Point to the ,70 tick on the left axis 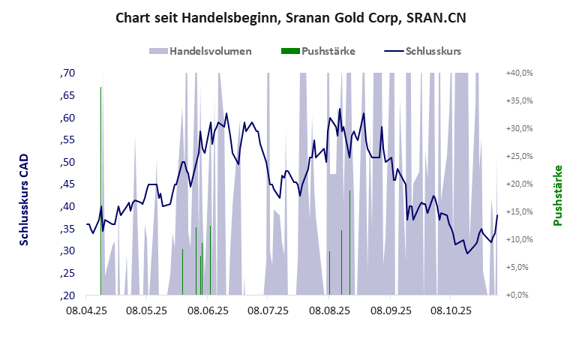tap(67, 73)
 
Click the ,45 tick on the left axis tap(67, 184)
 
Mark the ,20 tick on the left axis tap(67, 295)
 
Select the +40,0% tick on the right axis tap(519, 73)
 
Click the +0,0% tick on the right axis tap(519, 295)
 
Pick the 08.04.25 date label tap(87, 310)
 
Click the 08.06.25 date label tap(208, 310)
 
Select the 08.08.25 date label tap(328, 310)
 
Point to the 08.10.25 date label tap(449, 310)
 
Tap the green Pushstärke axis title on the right tap(557, 196)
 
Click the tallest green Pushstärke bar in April tap(101, 187)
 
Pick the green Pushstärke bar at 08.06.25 tap(210, 259)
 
